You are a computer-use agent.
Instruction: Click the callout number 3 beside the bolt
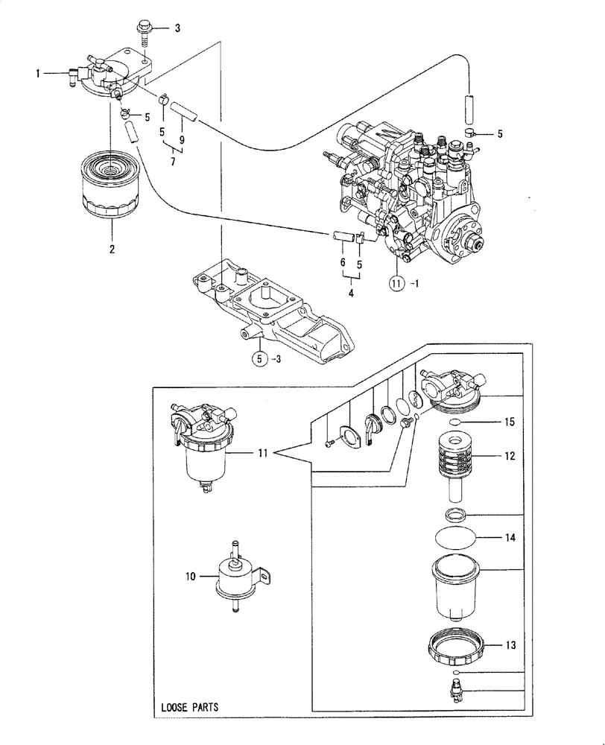pos(177,29)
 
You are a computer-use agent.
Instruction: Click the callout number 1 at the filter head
pos(37,73)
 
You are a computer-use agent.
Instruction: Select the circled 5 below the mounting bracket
pos(259,358)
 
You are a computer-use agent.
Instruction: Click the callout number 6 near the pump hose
pos(342,264)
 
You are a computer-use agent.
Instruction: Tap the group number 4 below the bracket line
pos(351,293)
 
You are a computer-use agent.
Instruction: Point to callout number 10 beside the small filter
pos(190,576)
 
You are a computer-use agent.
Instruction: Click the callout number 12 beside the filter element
pos(510,454)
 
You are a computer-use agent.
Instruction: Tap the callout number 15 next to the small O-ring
pos(510,422)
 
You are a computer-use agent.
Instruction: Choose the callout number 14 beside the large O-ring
pos(510,536)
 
